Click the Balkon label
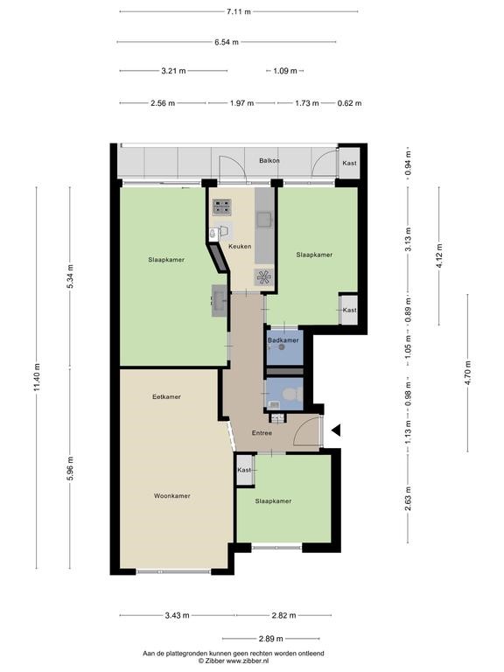pyautogui.click(x=269, y=161)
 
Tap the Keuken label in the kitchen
pyautogui.click(x=240, y=247)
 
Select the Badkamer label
pyautogui.click(x=283, y=340)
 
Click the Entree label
pyautogui.click(x=262, y=433)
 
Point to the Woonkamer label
pyautogui.click(x=171, y=496)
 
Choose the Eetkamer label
pyautogui.click(x=166, y=397)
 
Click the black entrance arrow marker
pyautogui.click(x=336, y=430)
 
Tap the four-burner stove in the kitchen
pyautogui.click(x=222, y=207)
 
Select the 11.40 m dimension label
pyautogui.click(x=37, y=377)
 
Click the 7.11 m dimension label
pyautogui.click(x=239, y=11)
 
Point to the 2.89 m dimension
pyautogui.click(x=271, y=639)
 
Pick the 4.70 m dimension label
pyautogui.click(x=467, y=373)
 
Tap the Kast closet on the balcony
pyautogui.click(x=349, y=164)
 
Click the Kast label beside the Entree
pyautogui.click(x=244, y=470)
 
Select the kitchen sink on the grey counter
pyautogui.click(x=263, y=220)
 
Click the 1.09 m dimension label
pyautogui.click(x=285, y=71)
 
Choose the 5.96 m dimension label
pyautogui.click(x=71, y=468)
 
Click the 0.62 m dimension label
pyautogui.click(x=349, y=103)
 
